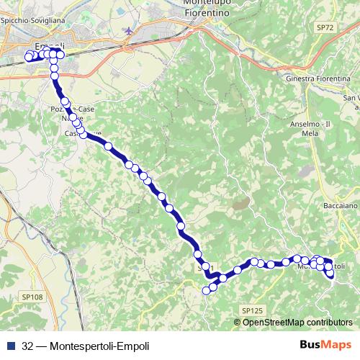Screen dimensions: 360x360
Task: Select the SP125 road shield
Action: (252, 310)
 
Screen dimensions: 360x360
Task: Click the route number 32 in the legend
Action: (27, 345)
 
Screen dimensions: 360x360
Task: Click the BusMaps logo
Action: (320, 344)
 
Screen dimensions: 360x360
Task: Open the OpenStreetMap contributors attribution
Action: (297, 322)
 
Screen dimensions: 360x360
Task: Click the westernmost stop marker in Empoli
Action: (29, 57)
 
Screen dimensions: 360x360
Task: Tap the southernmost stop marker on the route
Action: (206, 291)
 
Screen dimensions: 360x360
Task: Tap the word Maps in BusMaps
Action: (333, 344)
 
